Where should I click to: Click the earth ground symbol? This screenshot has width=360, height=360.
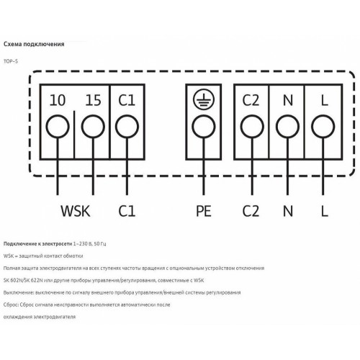tap(204, 99)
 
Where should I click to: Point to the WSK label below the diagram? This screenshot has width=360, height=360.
tap(76, 211)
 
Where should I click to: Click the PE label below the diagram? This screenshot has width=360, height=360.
tap(204, 211)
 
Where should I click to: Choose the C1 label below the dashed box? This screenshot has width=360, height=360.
tap(127, 211)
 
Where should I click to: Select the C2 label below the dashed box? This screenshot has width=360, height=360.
tap(251, 211)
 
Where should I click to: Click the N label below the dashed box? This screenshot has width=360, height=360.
tap(288, 211)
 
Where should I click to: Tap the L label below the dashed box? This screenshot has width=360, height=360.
tap(325, 211)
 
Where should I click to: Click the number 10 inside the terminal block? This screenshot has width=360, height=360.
tap(58, 100)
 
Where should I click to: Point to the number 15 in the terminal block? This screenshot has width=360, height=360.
tap(93, 100)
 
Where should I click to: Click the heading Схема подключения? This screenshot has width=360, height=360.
tap(34, 44)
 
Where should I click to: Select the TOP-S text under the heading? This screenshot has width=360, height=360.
tap(11, 61)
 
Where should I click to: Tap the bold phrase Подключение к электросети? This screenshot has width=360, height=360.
tap(37, 244)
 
